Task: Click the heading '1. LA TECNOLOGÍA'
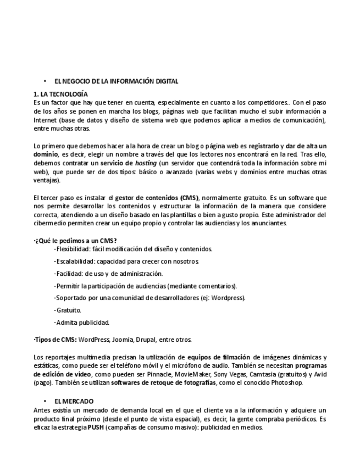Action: (60, 94)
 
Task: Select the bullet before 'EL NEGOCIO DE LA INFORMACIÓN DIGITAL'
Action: (45, 81)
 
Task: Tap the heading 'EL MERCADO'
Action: (74, 402)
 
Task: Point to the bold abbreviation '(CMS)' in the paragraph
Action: (189, 197)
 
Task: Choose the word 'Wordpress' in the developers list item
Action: (228, 298)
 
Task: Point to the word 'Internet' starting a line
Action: (45, 120)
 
